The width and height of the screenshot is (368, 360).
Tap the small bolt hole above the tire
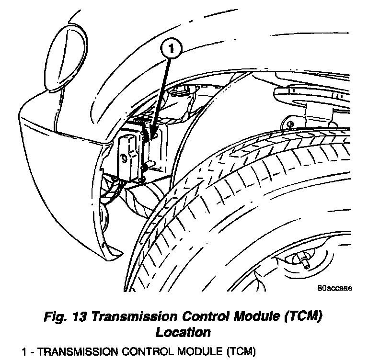coord(289,124)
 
